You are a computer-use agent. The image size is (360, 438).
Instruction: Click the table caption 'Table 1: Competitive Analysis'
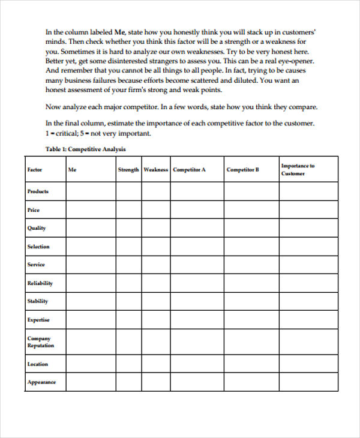pyautogui.click(x=85, y=149)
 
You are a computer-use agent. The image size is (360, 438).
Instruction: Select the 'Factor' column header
pyautogui.click(x=35, y=170)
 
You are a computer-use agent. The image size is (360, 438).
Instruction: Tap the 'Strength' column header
pyautogui.click(x=128, y=170)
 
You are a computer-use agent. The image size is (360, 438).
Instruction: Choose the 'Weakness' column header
pyautogui.click(x=155, y=170)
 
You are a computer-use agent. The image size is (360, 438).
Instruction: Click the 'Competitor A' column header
pyautogui.click(x=189, y=170)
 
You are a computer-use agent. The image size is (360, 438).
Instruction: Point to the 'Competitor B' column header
pyautogui.click(x=242, y=170)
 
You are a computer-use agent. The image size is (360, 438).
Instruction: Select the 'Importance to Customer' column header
pyautogui.click(x=298, y=170)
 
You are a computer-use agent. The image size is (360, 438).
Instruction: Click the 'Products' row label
pyautogui.click(x=38, y=191)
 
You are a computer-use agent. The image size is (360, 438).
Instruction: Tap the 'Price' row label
pyautogui.click(x=34, y=210)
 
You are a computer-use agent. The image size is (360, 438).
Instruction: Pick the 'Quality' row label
pyautogui.click(x=36, y=228)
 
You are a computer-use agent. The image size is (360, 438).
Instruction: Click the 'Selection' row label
pyautogui.click(x=38, y=247)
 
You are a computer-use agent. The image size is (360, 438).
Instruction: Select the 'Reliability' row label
pyautogui.click(x=40, y=283)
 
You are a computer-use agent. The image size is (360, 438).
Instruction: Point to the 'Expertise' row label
pyautogui.click(x=38, y=320)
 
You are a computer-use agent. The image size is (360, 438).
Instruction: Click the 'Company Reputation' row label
pyautogui.click(x=40, y=342)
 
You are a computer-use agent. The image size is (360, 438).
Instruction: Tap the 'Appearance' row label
pyautogui.click(x=41, y=382)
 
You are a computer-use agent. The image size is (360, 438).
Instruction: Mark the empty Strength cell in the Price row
pyautogui.click(x=128, y=210)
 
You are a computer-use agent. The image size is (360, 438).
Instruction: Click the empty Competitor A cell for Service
pyautogui.click(x=197, y=265)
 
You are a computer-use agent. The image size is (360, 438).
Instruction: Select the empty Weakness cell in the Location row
pyautogui.click(x=155, y=364)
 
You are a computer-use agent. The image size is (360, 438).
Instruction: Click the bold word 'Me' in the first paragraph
pyautogui.click(x=119, y=32)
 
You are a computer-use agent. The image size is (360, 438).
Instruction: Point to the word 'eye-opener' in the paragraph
pyautogui.click(x=293, y=61)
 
